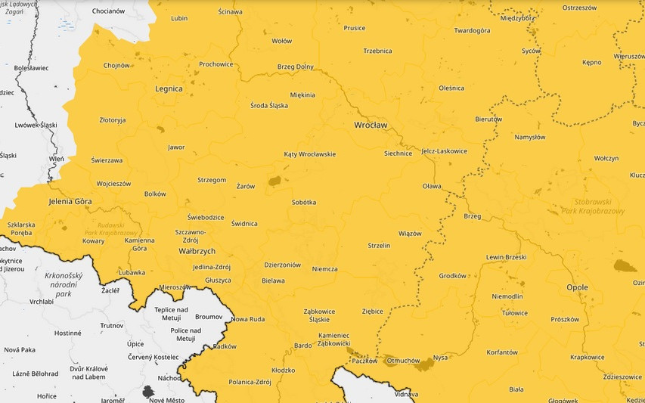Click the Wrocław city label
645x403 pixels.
click(371, 124)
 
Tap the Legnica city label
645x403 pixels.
click(169, 88)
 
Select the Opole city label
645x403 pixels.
click(582, 287)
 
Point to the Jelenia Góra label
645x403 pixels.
click(70, 202)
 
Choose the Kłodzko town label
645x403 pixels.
click(283, 370)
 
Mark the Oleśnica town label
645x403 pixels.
click(451, 88)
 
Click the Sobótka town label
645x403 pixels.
click(303, 203)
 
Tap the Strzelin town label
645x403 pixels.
click(378, 246)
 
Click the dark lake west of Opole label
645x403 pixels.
click(625, 265)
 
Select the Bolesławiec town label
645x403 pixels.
click(31, 67)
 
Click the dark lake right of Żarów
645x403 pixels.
click(274, 181)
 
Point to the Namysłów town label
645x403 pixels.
click(529, 138)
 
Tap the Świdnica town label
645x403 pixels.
click(244, 224)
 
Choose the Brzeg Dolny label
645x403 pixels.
click(295, 67)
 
